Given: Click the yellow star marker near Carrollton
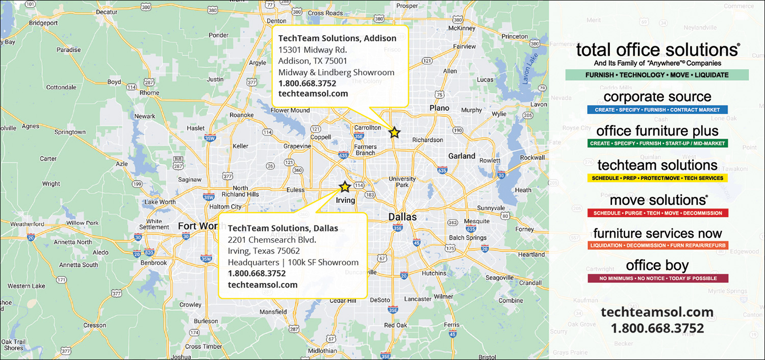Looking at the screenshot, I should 394,132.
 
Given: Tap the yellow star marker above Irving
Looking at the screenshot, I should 345,187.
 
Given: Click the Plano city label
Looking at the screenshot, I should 439,108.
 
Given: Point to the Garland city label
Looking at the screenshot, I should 462,156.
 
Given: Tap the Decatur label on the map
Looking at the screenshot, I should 107,12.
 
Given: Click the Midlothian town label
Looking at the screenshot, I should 322,351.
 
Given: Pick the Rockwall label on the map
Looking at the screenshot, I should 532,158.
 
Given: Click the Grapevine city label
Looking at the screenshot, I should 297,146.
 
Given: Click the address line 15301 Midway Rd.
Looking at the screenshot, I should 313,50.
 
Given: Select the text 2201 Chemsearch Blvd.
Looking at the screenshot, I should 272,240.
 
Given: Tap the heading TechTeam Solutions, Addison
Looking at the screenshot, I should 337,38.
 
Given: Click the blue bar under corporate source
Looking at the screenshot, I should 657,110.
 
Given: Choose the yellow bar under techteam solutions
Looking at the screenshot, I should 657,178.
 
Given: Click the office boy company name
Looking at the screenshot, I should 657,266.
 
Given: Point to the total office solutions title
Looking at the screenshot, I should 657,50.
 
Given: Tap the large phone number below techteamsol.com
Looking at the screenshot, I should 657,328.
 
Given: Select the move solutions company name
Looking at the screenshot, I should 657,200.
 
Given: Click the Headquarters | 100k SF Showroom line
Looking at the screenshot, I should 293,262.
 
